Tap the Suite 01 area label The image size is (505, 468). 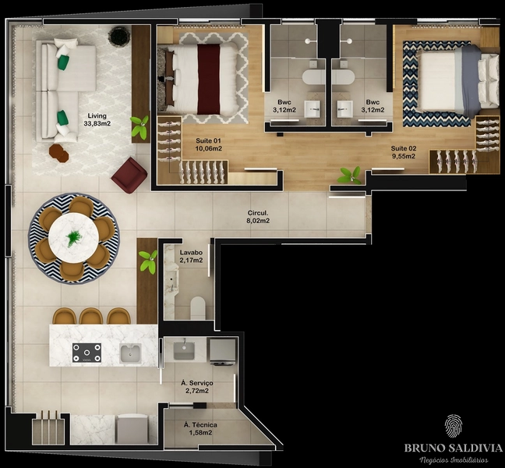click(209, 145)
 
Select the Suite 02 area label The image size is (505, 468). click(404, 152)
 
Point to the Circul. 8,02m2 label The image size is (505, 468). click(258, 217)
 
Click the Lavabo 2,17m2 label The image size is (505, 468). click(191, 257)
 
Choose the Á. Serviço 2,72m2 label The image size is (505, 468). click(197, 387)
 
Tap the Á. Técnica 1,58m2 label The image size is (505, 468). click(200, 429)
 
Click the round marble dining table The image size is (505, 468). click(74, 237)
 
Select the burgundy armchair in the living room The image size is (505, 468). click(129, 175)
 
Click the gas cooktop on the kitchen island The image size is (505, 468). click(87, 353)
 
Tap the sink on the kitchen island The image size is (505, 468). click(130, 353)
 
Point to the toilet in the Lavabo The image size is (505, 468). click(198, 308)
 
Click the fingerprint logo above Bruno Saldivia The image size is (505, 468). click(453, 427)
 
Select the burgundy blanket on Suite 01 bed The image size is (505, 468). click(209, 80)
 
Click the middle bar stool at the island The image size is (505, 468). click(91, 316)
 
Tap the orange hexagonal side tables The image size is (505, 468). click(58, 153)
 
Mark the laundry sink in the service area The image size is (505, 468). click(184, 351)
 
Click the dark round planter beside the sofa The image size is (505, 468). click(119, 35)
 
